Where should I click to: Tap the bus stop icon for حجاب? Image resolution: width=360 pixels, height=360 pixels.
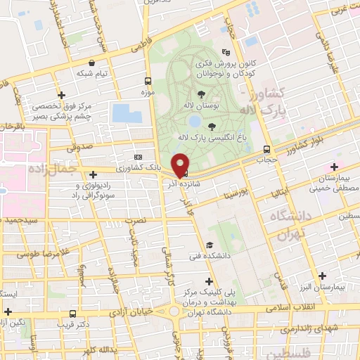click(266, 149)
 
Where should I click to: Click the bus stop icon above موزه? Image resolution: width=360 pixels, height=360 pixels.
click(147, 80)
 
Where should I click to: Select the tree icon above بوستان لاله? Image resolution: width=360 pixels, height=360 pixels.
click(202, 94)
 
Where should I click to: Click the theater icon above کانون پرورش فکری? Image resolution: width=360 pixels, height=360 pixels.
click(226, 52)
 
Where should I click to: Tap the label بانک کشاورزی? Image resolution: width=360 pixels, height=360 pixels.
click(154, 168)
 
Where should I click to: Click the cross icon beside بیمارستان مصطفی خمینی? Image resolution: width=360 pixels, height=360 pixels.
click(335, 167)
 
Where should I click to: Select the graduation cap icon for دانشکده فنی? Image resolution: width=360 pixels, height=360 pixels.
click(210, 245)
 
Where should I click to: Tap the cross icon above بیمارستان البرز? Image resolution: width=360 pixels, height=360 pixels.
click(323, 276)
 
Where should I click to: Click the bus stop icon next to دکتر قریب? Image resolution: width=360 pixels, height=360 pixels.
click(73, 314)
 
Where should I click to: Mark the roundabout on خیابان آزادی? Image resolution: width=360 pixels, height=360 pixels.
click(172, 310)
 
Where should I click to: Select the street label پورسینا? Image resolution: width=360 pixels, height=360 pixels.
click(233, 192)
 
